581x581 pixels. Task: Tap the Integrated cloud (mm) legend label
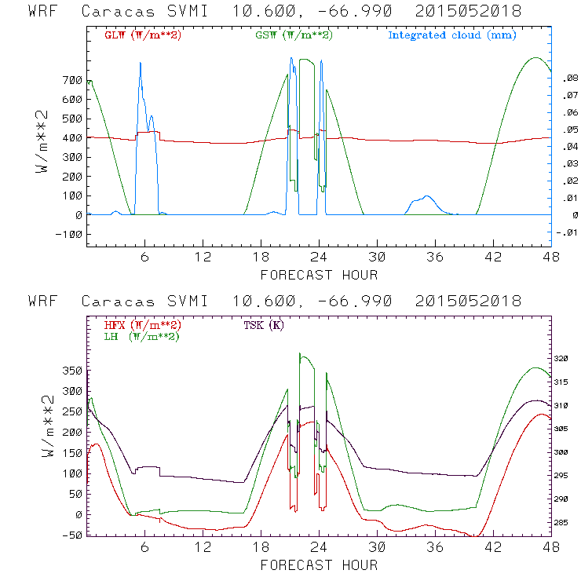point(452,35)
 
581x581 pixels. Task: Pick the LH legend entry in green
point(142,336)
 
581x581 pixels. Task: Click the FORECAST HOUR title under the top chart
point(319,275)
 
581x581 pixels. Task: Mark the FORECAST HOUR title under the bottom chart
point(319,565)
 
